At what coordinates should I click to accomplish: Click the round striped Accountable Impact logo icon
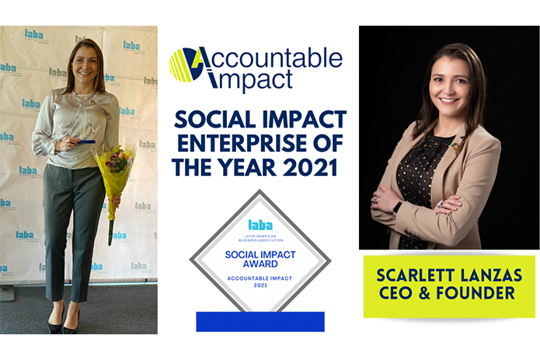coord(183,65)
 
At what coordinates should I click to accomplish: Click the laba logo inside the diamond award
coord(260,225)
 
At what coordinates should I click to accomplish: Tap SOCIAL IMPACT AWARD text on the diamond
coord(260,259)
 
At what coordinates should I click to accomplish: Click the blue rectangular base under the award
coord(260,322)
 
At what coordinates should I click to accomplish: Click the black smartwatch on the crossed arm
coord(397,208)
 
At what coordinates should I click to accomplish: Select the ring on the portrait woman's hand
coord(375,200)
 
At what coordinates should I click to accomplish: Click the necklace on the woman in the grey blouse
coord(84,96)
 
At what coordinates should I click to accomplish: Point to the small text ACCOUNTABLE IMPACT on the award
coord(260,278)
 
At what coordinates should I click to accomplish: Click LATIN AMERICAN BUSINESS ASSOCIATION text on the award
coord(261,238)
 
